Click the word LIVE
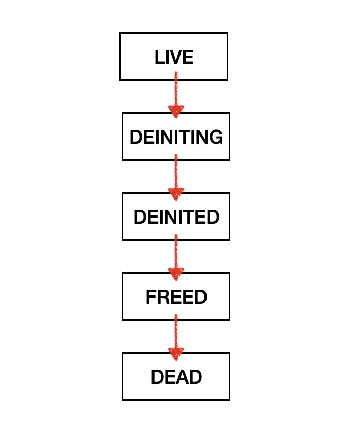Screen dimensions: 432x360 (174, 57)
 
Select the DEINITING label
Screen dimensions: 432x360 (176, 137)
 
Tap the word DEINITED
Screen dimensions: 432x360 (176, 217)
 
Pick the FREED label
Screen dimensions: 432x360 (176, 297)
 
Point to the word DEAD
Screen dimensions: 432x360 (176, 377)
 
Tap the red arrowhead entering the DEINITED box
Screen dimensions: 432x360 (176, 193)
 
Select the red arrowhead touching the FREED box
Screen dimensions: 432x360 (176, 273)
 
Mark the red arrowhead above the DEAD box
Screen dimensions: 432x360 (176, 353)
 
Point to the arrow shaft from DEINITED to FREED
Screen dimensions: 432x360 (176, 252)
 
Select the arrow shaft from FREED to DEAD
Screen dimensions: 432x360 (176, 332)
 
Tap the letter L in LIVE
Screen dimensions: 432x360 (159, 57)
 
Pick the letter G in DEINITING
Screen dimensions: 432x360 (216, 137)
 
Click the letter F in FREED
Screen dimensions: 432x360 (150, 297)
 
